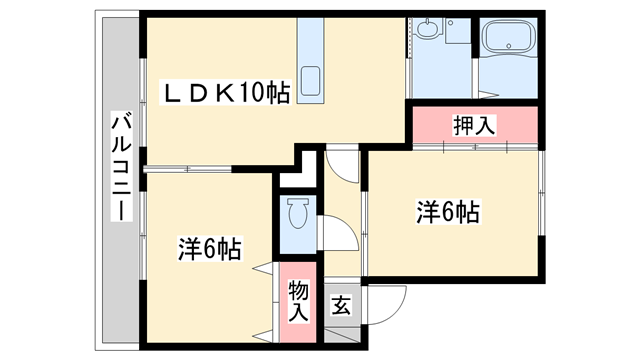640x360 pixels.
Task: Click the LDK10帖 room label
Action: pos(228,93)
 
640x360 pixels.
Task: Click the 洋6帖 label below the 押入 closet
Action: pos(447,212)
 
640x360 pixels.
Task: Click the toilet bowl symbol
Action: pos(297,214)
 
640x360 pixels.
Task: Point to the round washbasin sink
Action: pos(430,30)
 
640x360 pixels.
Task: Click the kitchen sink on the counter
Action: pos(312,80)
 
